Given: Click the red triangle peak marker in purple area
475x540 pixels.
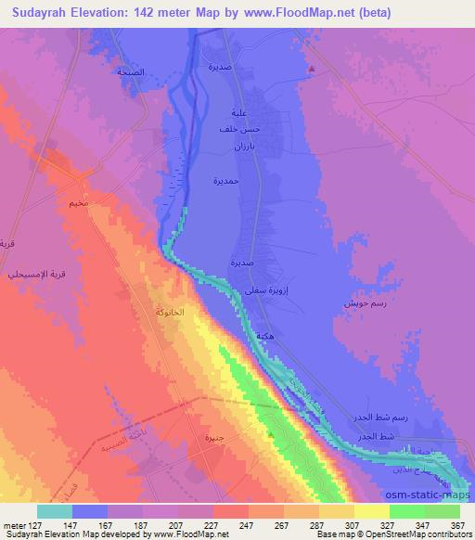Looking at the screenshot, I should coord(314,66).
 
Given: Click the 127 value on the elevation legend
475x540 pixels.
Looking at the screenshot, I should coord(35,524).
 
